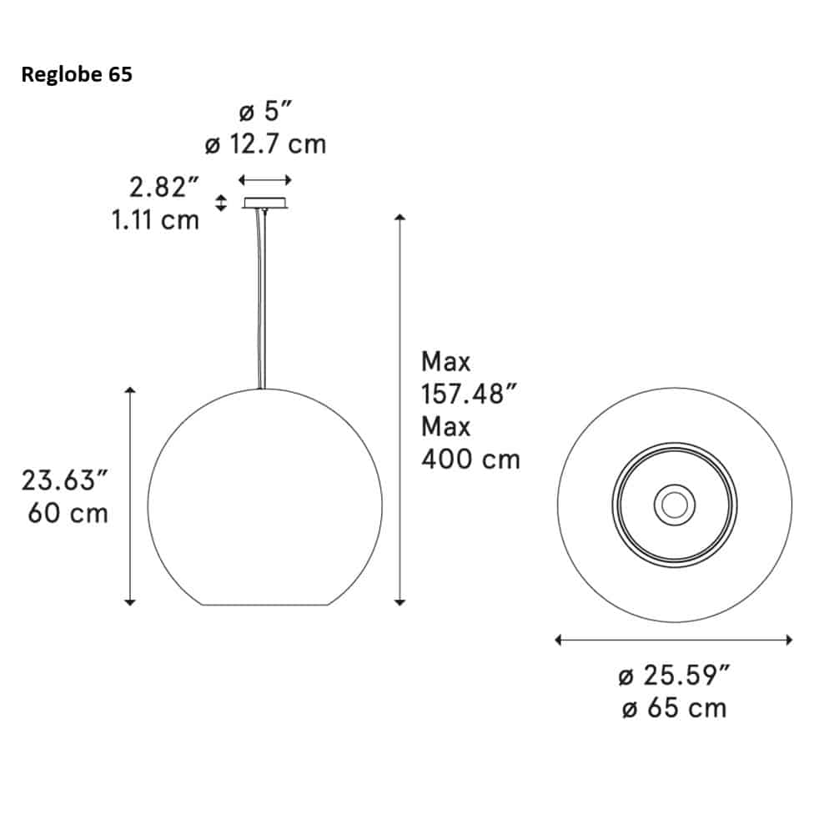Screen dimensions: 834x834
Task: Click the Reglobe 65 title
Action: [x=76, y=75]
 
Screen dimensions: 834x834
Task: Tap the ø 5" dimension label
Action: [x=264, y=113]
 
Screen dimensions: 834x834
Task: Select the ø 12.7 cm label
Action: [x=265, y=145]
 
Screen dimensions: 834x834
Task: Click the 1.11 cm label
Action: [x=155, y=220]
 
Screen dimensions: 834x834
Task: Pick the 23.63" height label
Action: [x=65, y=480]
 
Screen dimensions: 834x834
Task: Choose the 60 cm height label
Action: [x=68, y=512]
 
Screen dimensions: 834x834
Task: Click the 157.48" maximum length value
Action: [x=464, y=394]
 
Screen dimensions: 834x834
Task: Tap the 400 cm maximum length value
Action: [x=470, y=459]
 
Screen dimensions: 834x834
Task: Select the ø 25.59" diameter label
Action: [x=675, y=676]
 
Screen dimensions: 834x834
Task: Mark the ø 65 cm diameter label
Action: [x=674, y=708]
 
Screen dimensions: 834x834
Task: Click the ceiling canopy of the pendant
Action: [x=265, y=203]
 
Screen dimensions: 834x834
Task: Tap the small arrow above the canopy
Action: [x=265, y=179]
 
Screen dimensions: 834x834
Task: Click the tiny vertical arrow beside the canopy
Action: [x=221, y=202]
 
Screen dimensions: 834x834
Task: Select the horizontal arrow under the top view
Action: [x=674, y=640]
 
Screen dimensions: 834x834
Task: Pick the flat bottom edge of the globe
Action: [x=265, y=605]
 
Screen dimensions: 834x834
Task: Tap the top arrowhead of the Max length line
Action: [x=400, y=218]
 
